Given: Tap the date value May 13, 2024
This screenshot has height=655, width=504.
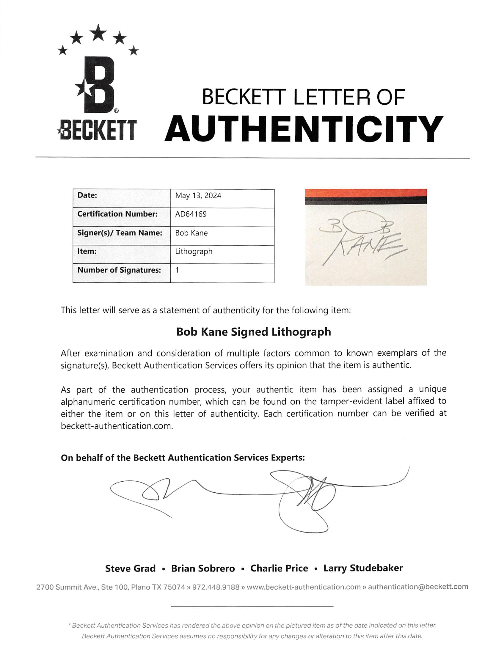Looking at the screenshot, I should click(198, 196).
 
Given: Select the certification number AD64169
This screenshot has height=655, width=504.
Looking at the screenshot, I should click(191, 214).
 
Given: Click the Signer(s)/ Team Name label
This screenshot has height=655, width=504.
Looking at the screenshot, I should click(120, 233).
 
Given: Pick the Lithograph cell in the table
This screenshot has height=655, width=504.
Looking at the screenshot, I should click(194, 251).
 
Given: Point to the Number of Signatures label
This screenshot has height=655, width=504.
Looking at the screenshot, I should click(119, 270).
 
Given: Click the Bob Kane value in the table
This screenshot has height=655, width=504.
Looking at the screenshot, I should click(191, 233).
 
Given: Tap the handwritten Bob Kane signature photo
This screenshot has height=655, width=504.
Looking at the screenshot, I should click(366, 237).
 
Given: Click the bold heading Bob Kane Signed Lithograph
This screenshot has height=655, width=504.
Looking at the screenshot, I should click(254, 332).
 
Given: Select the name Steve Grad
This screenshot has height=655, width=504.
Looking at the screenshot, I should click(130, 568).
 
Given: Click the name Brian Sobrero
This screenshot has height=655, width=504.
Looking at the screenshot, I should click(203, 568).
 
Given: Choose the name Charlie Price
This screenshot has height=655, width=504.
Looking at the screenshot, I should click(279, 568).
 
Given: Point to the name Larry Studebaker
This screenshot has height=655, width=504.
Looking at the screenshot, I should click(363, 568).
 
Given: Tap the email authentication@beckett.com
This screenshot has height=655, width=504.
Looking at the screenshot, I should click(418, 587).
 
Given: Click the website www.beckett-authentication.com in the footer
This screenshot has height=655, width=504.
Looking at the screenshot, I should click(303, 587).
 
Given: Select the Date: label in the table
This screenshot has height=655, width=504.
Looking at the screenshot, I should click(87, 195).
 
